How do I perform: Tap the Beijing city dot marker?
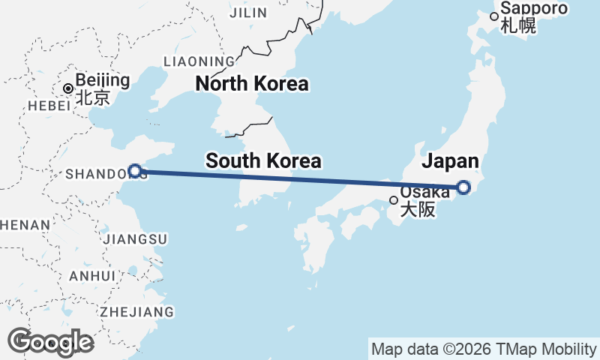(x=68, y=88)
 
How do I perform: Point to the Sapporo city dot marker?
(x=494, y=16)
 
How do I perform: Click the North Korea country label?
(x=252, y=84)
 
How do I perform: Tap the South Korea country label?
(x=263, y=160)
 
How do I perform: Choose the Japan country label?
(x=450, y=160)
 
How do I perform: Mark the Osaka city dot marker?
(x=394, y=200)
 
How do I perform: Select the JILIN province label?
(x=247, y=13)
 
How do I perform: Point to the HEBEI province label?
(x=49, y=106)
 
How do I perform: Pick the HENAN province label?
(x=25, y=224)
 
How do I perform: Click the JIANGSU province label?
(x=136, y=238)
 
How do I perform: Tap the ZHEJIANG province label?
(x=136, y=311)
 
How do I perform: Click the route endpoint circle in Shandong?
(x=134, y=171)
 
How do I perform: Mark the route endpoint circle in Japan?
(x=463, y=187)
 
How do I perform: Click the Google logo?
(x=50, y=342)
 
